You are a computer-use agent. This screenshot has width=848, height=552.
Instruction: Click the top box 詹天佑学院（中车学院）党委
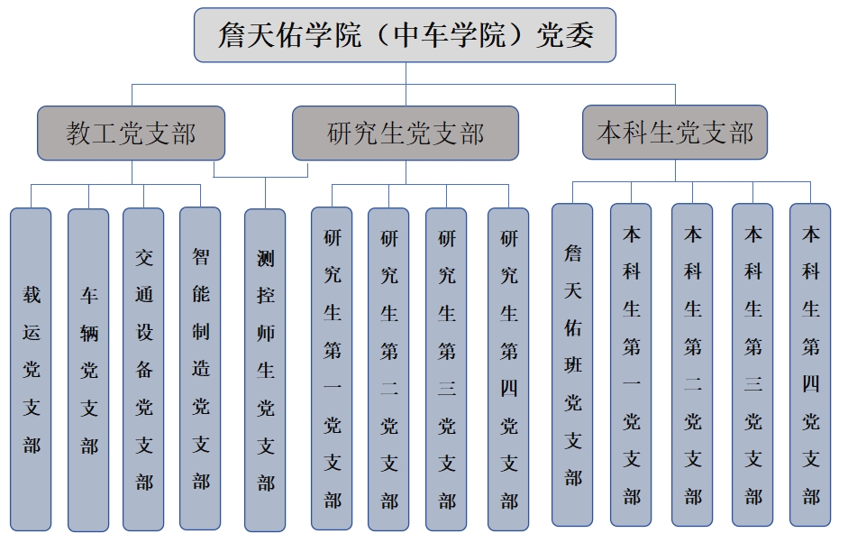tap(405, 35)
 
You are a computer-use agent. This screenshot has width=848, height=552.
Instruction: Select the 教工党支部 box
tap(131, 133)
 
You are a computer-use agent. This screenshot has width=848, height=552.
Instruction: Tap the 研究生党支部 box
tap(405, 133)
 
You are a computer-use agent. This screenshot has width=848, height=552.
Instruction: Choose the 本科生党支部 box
tap(675, 133)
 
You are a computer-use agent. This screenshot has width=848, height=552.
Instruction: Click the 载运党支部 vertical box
tap(32, 369)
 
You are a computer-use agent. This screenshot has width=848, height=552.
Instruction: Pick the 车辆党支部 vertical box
tap(88, 369)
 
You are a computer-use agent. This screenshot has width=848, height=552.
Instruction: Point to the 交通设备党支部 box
tap(144, 369)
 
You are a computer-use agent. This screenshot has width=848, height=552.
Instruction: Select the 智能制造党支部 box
tap(200, 369)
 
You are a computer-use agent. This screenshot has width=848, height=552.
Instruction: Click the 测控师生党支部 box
tap(265, 370)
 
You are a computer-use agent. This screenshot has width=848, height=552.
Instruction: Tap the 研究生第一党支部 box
tap(332, 369)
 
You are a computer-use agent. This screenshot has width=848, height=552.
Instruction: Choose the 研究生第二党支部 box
tap(388, 369)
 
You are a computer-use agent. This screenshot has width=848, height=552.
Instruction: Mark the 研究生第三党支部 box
tap(446, 369)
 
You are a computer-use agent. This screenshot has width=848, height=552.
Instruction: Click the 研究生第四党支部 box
tap(508, 369)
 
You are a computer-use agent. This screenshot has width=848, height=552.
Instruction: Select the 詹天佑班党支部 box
tap(572, 364)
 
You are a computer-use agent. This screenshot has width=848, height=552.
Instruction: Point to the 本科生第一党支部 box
tap(631, 364)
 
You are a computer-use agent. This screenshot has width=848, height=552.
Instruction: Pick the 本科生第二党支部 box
tap(692, 364)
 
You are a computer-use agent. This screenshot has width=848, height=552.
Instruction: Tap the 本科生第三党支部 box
tap(752, 364)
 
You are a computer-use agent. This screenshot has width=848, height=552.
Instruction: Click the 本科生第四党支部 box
tap(810, 364)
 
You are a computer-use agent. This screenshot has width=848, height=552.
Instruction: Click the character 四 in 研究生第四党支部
tap(509, 388)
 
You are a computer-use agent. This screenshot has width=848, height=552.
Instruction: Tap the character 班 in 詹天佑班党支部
tap(573, 364)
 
